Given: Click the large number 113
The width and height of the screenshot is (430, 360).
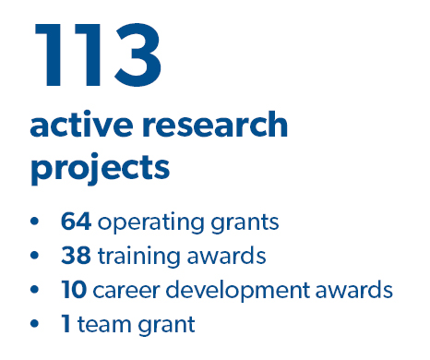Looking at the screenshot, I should [x=97, y=54].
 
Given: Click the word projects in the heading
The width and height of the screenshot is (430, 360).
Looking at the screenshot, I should [x=100, y=169].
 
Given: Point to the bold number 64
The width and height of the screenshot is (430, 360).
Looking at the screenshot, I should [x=76, y=222].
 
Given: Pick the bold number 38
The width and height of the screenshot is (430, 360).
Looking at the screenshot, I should [x=76, y=256].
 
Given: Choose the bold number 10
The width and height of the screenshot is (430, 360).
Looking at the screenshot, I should [x=75, y=290].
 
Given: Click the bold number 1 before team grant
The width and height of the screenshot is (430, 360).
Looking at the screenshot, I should [x=66, y=324].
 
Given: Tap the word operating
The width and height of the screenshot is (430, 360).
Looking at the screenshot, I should [x=144, y=223].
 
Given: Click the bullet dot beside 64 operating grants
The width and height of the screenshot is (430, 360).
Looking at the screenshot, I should [x=36, y=222].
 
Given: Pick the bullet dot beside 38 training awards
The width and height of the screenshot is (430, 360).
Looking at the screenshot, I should [x=36, y=257].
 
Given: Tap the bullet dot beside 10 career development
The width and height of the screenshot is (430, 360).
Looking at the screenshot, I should [x=36, y=291].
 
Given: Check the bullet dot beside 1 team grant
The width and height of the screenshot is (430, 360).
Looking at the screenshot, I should [x=36, y=325].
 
